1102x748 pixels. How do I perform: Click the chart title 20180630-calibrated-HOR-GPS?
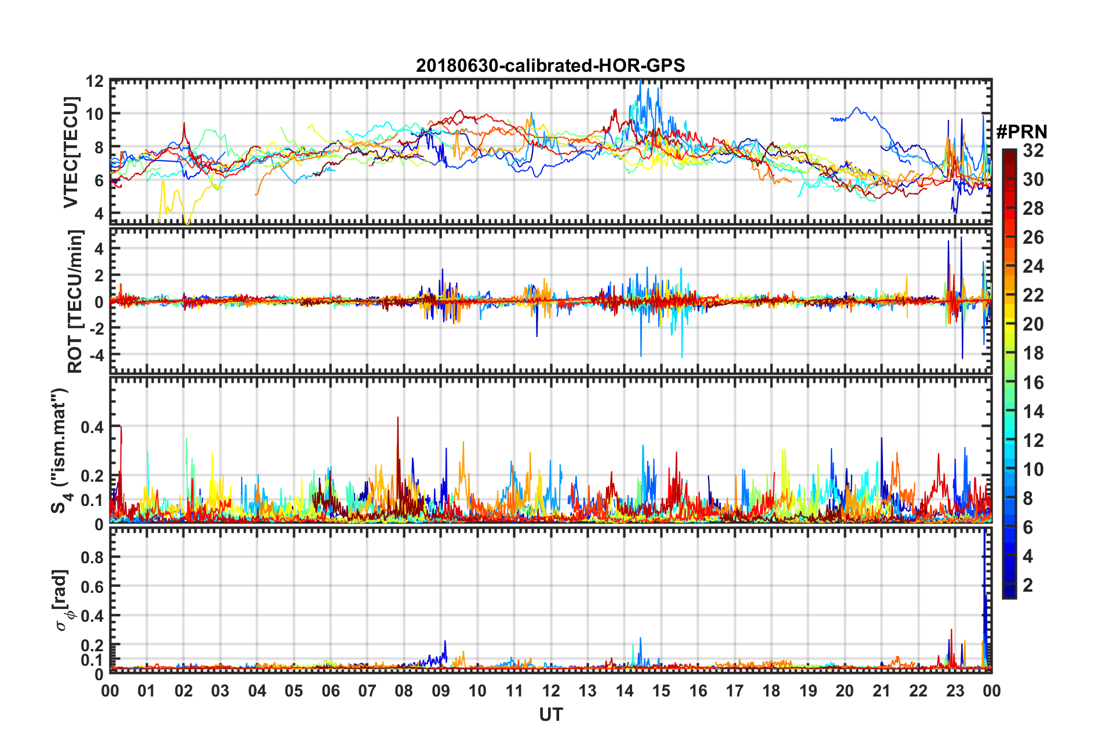pos(550,65)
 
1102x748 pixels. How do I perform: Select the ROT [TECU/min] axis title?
pos(75,301)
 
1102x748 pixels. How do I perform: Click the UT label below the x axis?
pos(550,715)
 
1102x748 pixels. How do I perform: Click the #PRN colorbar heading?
pos(1021,132)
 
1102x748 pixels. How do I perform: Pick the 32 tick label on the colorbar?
pos(1033,151)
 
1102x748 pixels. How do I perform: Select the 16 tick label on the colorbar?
pos(1033,383)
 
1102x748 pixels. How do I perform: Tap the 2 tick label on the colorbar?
pos(1028,585)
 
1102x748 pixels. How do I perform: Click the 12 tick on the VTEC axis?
pos(94,81)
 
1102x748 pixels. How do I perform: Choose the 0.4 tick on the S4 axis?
pos(92,427)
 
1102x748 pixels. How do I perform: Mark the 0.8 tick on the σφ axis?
pos(92,557)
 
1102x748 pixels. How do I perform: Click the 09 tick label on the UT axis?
pos(440,691)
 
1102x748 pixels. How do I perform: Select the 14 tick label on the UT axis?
pos(624,691)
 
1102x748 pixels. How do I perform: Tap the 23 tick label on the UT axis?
pos(955,691)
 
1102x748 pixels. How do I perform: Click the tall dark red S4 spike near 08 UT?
pos(397,419)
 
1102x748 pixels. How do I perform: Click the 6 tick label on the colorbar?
pos(1028,527)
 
